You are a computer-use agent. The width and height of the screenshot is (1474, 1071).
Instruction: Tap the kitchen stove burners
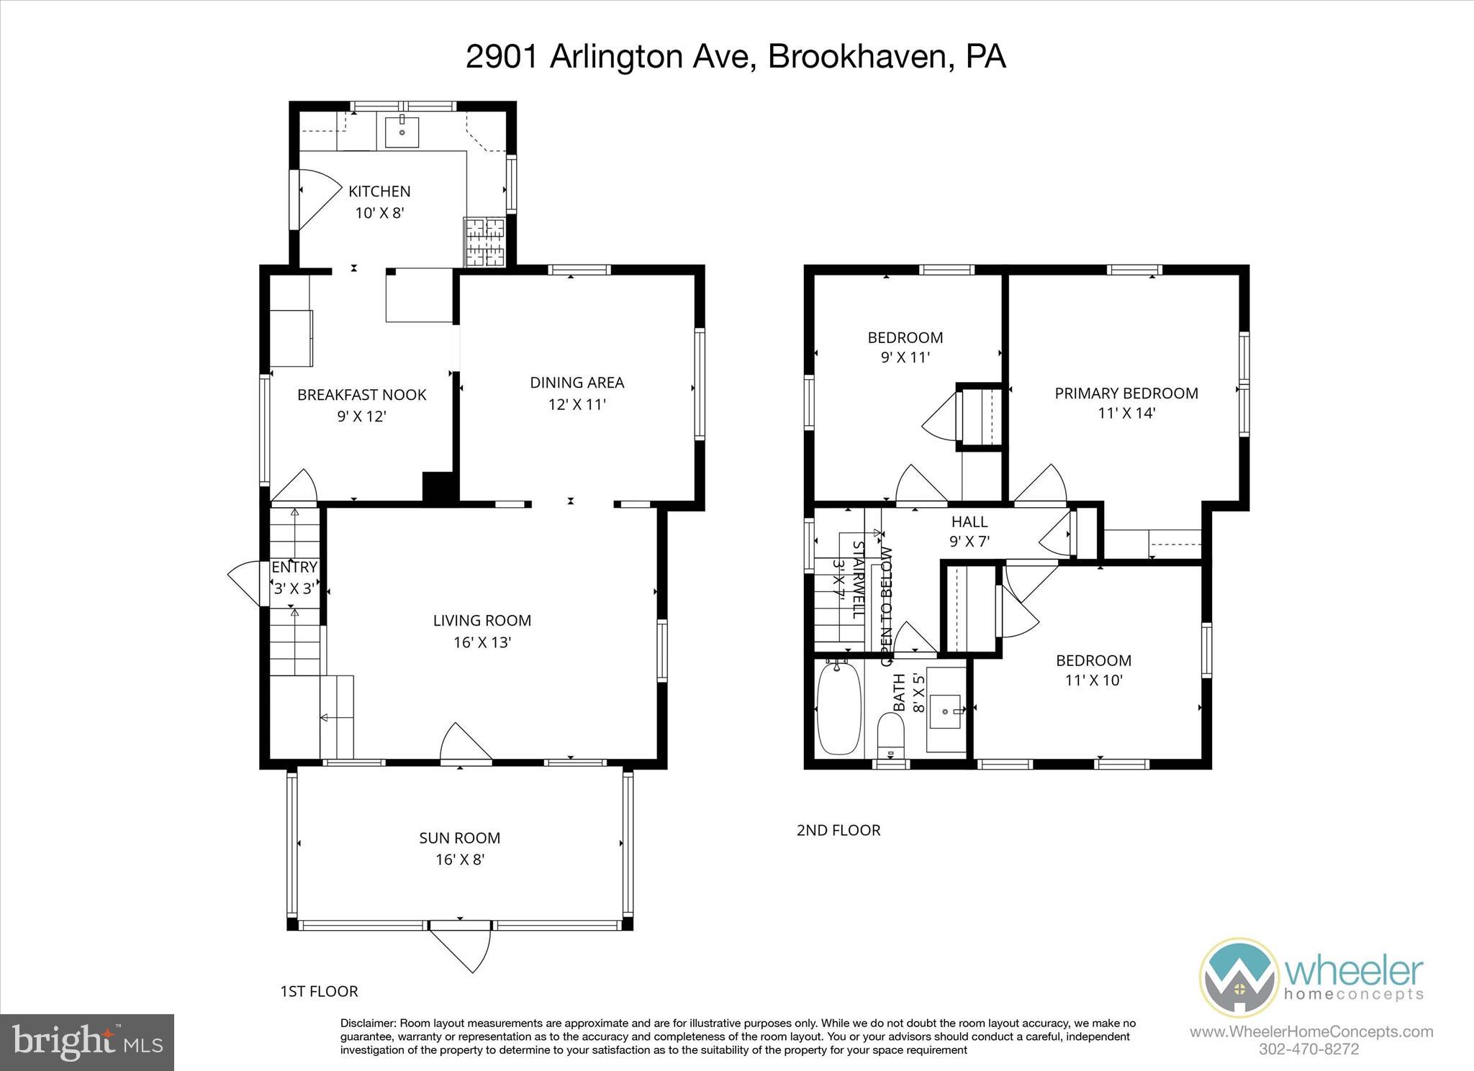(485, 241)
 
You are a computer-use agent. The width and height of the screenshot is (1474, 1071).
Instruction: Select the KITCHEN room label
(379, 191)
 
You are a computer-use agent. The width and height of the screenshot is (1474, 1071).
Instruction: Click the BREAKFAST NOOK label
(361, 394)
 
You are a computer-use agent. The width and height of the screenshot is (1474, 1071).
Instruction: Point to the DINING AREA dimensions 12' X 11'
(577, 404)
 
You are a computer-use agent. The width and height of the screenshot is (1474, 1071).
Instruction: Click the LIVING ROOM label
(481, 620)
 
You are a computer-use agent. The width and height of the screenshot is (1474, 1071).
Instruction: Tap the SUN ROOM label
(459, 838)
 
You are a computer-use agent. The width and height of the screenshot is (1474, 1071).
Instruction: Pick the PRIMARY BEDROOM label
(1126, 393)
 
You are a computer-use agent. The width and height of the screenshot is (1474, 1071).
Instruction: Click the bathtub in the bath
(839, 708)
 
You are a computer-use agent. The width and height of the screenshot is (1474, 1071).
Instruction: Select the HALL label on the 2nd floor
(969, 521)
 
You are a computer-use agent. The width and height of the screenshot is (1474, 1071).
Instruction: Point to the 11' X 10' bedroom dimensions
(1093, 680)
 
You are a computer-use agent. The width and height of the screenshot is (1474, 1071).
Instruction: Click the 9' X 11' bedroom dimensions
(905, 357)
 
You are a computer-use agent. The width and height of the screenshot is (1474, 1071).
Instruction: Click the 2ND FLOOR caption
(838, 830)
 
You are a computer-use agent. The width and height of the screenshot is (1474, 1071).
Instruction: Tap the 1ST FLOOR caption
(318, 991)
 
